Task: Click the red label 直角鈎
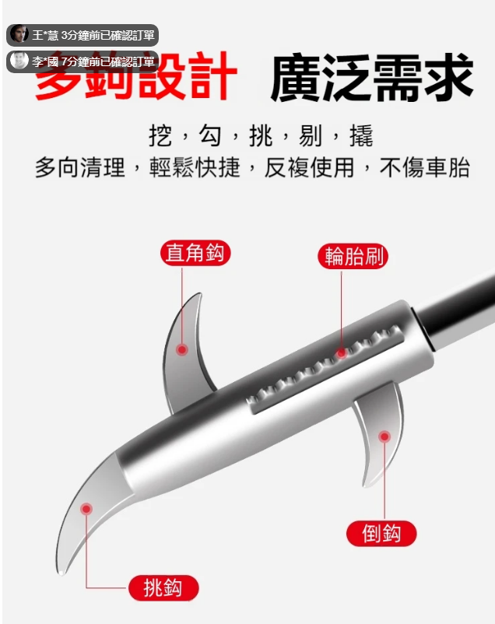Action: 195,253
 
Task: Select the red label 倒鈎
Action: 381,534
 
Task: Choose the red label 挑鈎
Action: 163,587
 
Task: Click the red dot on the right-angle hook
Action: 182,350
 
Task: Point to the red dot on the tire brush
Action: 341,353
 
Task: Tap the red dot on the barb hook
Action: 384,436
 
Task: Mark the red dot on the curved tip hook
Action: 86,509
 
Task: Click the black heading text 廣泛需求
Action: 372,78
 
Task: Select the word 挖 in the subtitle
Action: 160,136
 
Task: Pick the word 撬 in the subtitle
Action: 361,136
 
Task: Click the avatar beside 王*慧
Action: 19,34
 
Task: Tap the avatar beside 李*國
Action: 19,61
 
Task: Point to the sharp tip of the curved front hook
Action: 61,574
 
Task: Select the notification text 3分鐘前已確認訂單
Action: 108,35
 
